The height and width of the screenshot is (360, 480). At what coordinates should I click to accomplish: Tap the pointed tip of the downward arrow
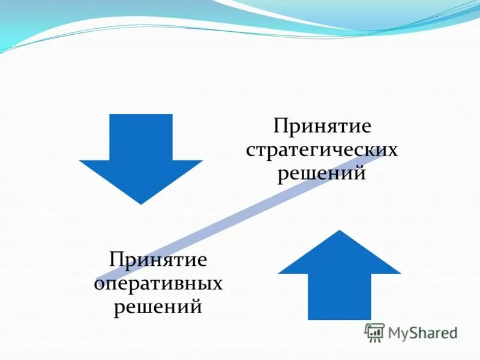(x=141, y=203)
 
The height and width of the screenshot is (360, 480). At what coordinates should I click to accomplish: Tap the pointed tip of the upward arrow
(x=340, y=232)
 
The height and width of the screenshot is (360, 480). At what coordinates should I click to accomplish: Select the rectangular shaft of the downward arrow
(x=141, y=137)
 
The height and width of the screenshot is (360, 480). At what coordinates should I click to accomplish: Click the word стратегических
(x=322, y=150)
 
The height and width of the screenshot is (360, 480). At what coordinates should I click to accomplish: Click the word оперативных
(x=158, y=284)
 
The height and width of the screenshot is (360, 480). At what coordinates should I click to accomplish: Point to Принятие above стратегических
(x=322, y=127)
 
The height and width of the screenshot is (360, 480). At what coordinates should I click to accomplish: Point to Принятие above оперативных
(x=158, y=260)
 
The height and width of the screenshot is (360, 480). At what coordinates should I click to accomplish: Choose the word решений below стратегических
(x=322, y=173)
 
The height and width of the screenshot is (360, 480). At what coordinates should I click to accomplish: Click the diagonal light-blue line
(x=240, y=216)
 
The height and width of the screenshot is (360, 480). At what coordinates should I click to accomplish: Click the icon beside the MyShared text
(x=374, y=332)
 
